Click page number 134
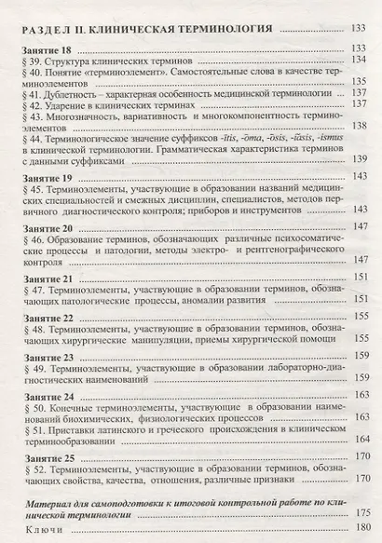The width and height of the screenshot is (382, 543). point(357,61)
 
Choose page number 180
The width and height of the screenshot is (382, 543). point(357,530)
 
